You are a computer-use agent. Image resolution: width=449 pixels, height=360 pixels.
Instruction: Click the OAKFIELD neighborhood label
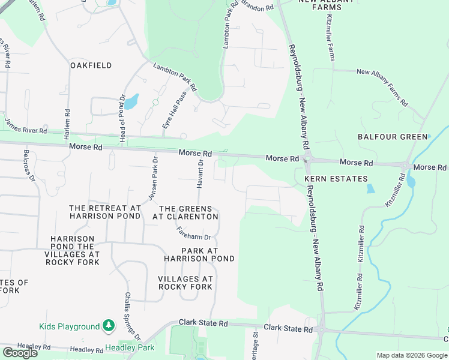click(x=91, y=65)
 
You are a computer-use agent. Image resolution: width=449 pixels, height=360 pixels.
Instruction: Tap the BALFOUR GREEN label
click(x=393, y=137)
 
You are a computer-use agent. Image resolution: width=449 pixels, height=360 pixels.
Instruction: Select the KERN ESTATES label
click(x=336, y=179)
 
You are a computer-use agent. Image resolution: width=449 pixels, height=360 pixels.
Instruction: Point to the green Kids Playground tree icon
click(x=108, y=326)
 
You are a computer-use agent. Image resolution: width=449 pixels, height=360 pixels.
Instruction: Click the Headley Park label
click(x=130, y=347)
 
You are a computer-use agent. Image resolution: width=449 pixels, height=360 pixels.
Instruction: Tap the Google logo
click(x=20, y=353)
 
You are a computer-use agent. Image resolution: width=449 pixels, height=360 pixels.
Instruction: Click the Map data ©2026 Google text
click(x=411, y=355)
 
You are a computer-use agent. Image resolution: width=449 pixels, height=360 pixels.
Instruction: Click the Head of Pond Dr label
click(x=122, y=110)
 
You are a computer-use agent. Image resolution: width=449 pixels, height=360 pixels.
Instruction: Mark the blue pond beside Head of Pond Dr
click(x=131, y=100)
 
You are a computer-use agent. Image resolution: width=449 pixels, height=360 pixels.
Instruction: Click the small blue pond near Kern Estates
click(x=370, y=188)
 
